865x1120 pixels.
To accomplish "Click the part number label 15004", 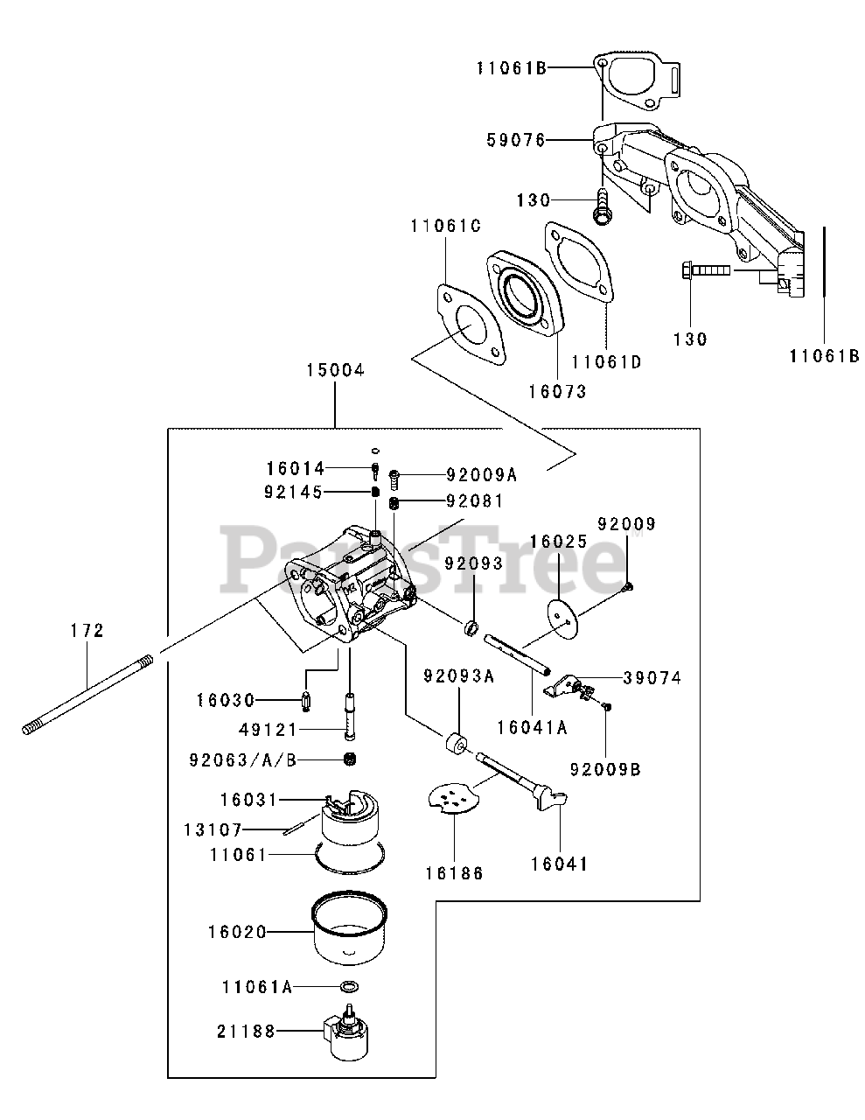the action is tap(335, 370).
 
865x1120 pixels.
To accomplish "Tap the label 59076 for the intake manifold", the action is tap(516, 140).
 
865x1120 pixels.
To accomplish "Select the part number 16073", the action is tap(557, 392).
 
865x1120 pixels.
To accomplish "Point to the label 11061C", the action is tap(446, 226).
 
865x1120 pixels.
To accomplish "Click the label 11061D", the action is tap(606, 362).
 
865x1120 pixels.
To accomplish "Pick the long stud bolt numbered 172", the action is tap(88, 694).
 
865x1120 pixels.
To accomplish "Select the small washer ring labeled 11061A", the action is tap(350, 986).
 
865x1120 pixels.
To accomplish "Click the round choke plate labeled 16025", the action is tap(563, 618).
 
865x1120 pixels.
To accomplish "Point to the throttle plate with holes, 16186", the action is tap(455, 798).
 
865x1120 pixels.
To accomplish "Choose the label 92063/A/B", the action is tap(243, 760).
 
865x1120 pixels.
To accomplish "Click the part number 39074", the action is tap(652, 678).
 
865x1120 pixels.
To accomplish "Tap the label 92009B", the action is tap(605, 769).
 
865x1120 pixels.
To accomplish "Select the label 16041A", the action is tap(532, 728).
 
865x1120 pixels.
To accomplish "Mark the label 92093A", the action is tap(459, 676).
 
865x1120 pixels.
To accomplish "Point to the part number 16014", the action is tap(296, 468).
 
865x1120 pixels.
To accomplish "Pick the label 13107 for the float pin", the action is tap(213, 829).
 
